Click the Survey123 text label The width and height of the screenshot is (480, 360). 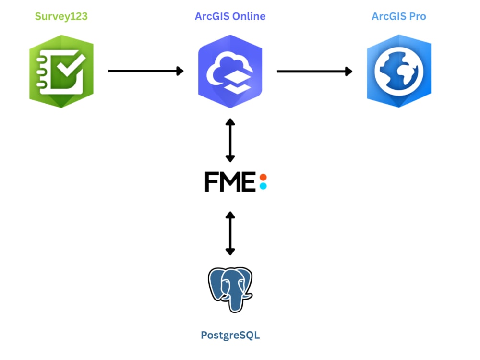coord(61,16)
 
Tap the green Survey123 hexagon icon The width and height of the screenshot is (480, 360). coord(61,72)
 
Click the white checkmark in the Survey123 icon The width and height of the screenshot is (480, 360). coord(71,65)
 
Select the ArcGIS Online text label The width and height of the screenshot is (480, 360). coord(230,16)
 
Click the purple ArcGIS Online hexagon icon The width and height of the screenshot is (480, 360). coord(230,72)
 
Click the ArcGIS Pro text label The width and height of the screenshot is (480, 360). coord(399,16)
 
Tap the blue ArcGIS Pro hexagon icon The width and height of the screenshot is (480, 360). coord(399,71)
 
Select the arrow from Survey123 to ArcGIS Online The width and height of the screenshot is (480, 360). coord(146,71)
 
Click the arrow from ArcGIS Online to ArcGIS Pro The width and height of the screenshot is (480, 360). coord(315,72)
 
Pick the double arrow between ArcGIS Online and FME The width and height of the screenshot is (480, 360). coord(230,140)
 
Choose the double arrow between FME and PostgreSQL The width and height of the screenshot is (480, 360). coord(230,233)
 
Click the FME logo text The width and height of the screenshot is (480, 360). coord(230,182)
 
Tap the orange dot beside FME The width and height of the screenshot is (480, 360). coord(263,177)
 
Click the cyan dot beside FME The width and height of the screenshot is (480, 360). coord(263,186)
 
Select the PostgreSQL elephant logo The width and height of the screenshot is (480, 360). coord(230,289)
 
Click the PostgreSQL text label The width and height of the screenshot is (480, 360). coord(230,335)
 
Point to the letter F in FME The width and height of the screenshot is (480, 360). coord(211,182)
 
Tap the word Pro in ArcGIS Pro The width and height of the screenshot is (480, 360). coord(418,16)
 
